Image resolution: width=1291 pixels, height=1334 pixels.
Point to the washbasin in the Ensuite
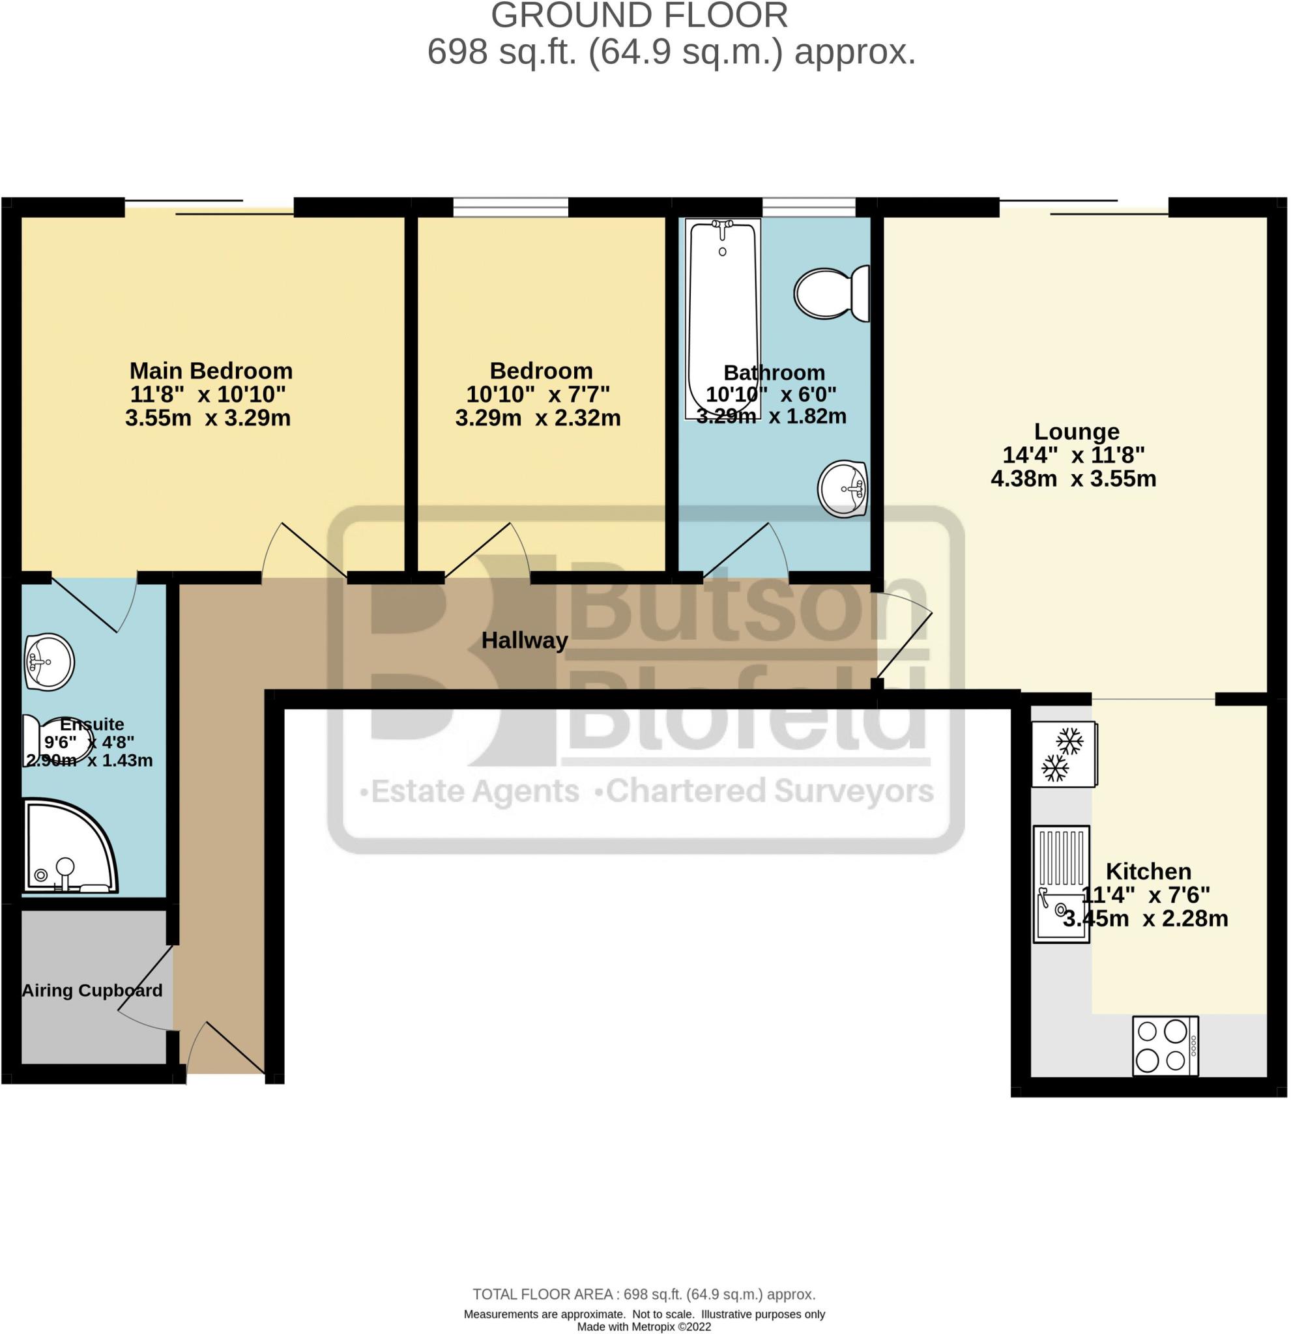pos(49,662)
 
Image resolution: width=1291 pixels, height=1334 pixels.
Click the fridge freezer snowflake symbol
pos(1063,754)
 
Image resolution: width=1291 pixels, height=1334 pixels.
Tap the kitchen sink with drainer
pos(1061,884)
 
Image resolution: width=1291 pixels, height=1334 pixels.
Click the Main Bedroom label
pos(211,371)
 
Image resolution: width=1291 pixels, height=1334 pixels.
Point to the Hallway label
pos(525,640)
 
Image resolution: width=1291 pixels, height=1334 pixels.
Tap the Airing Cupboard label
pos(92,990)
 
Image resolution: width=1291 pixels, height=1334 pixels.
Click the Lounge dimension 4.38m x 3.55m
pos(1073,479)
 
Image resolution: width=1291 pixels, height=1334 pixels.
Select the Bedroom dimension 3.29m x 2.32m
pos(538,418)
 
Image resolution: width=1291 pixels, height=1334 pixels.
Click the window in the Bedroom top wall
pos(511,206)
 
